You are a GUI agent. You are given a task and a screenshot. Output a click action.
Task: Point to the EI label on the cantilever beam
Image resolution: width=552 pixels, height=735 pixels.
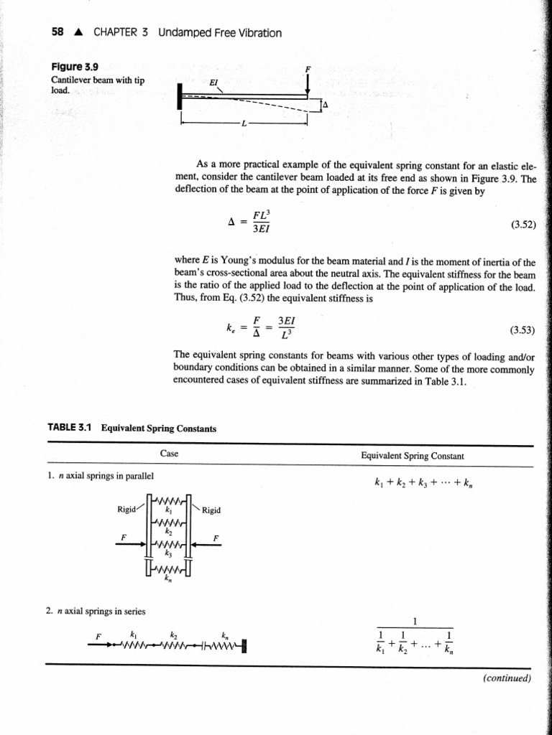[213, 83]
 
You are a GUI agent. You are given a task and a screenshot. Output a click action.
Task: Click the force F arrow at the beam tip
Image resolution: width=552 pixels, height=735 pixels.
[308, 84]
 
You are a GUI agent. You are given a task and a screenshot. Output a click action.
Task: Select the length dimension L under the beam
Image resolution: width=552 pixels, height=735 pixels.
[244, 123]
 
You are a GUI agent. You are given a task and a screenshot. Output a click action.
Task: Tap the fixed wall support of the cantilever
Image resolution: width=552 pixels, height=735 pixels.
[178, 96]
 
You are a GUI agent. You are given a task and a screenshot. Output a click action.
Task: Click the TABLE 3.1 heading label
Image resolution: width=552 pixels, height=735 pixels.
[72, 429]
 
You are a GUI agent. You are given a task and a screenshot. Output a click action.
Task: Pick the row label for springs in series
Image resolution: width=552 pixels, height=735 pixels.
[95, 612]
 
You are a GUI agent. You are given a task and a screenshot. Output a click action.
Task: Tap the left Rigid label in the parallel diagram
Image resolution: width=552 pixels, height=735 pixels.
[127, 510]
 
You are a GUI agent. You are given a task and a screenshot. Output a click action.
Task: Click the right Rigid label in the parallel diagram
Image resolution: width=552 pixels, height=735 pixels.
[211, 511]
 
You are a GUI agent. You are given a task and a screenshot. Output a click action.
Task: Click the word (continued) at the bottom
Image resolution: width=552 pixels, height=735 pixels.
[507, 678]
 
